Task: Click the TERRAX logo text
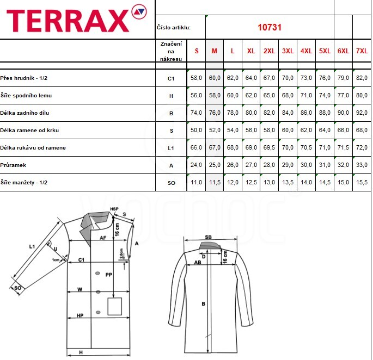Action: point(68,21)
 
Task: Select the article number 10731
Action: point(270,27)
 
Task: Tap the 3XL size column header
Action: point(288,51)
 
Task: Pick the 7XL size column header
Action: point(362,51)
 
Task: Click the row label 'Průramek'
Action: point(13,165)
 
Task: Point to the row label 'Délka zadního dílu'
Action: point(25,113)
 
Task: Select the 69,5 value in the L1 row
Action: point(269,147)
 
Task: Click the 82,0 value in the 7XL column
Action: point(362,78)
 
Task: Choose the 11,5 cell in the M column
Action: point(215,182)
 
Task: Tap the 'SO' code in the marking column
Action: point(172,183)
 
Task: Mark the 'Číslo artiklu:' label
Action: point(174,28)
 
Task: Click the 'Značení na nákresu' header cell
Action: point(171,51)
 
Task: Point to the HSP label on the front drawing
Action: point(114,209)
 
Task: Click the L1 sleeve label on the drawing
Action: point(32,247)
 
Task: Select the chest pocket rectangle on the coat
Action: point(115,307)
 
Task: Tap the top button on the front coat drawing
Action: point(97,274)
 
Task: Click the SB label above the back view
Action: point(208,237)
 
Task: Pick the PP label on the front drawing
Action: point(109,275)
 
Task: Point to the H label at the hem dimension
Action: point(81,352)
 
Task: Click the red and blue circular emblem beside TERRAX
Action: point(139,11)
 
